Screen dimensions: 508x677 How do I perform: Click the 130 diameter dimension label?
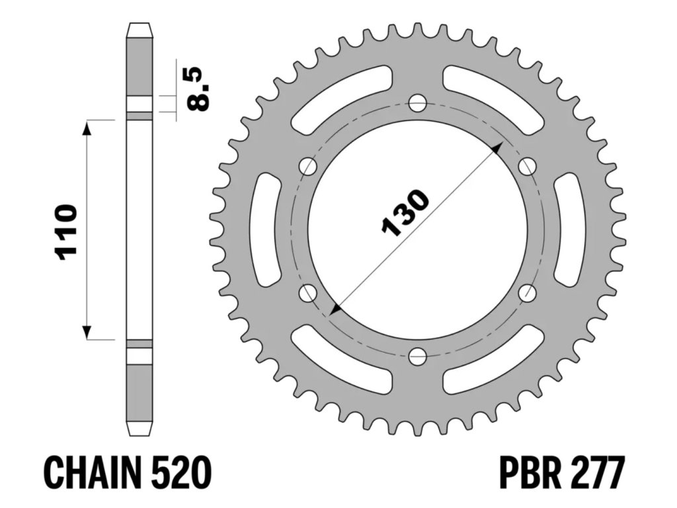tap(405, 213)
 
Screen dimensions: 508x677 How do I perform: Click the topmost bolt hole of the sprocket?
tap(417, 103)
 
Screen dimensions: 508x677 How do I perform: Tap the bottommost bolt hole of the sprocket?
tap(417, 357)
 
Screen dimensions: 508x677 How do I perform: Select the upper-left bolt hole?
tap(307, 167)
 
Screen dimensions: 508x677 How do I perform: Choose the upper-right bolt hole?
tap(527, 167)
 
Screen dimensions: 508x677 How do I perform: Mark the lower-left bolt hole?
tap(307, 293)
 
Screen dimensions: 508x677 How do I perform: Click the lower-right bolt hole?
tap(527, 293)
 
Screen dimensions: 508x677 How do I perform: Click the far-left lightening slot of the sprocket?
tap(268, 230)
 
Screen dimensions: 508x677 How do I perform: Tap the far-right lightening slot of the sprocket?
tap(567, 230)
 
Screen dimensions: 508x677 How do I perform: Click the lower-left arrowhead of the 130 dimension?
tap(336, 308)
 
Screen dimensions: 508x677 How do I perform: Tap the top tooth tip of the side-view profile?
tap(139, 26)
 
